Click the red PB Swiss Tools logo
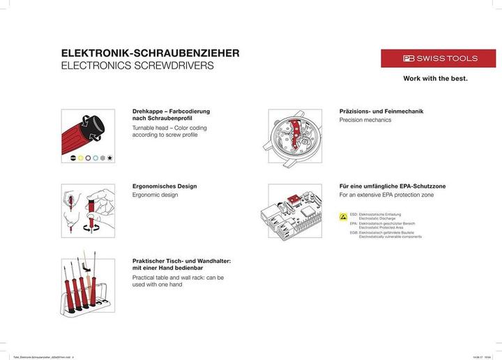[x=439, y=59]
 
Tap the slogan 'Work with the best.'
[x=435, y=79]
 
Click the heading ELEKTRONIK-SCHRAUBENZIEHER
[x=151, y=53]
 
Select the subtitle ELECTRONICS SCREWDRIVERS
[x=137, y=66]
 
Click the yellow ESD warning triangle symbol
[x=343, y=218]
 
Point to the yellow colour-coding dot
[x=81, y=158]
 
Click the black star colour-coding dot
[x=110, y=158]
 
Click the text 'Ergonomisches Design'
[x=165, y=186]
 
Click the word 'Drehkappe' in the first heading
[x=147, y=112]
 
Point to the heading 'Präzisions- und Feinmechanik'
[x=381, y=112]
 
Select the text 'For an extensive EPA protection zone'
[x=386, y=195]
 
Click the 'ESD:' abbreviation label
[x=353, y=214]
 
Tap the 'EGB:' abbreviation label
[x=353, y=233]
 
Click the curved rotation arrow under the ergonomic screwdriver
[x=88, y=226]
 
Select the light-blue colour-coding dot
[x=96, y=158]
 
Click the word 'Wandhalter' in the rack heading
[x=210, y=260]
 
